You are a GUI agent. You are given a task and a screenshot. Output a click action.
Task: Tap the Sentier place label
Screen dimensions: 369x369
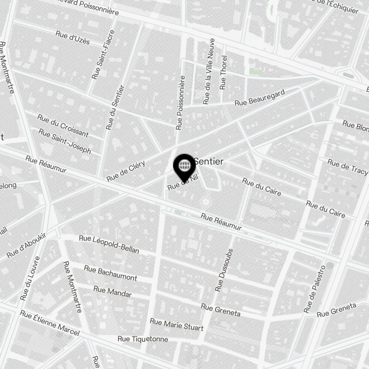click(209, 161)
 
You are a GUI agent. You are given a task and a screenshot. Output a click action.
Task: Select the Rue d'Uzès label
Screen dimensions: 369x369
click(73, 37)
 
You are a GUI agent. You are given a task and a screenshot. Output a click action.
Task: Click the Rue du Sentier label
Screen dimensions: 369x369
click(115, 107)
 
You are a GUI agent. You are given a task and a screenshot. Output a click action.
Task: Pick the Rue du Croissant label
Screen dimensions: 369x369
click(63, 125)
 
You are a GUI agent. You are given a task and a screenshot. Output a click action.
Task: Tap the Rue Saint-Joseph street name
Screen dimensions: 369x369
click(65, 141)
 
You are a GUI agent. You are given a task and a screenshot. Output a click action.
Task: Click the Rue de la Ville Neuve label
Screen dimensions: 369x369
click(209, 71)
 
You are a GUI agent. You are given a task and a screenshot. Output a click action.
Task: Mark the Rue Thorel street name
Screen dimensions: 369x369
click(223, 72)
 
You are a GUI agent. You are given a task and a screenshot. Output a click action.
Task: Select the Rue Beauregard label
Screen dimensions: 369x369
click(260, 97)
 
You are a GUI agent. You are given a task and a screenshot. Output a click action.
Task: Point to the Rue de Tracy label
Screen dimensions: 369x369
click(348, 167)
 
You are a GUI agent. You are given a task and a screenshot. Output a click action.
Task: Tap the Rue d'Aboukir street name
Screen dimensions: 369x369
click(26, 245)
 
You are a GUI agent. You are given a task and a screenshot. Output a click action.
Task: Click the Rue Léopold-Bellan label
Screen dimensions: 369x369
click(109, 244)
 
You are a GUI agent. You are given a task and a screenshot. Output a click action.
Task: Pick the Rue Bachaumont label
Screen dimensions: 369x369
click(110, 273)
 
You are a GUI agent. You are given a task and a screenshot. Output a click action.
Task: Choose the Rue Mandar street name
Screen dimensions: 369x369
click(112, 291)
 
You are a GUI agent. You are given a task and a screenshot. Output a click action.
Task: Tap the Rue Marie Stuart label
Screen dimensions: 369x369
click(176, 325)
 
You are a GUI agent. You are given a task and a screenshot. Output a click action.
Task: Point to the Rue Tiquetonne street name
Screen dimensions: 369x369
click(143, 339)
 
